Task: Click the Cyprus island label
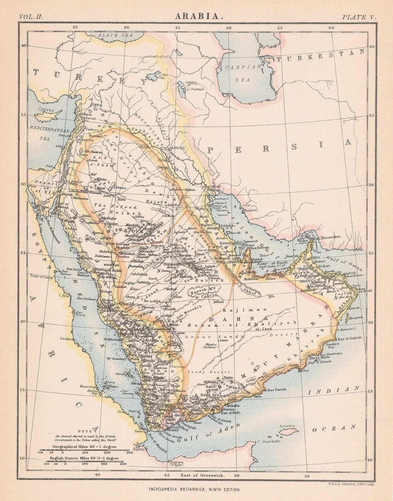coord(46,110)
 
